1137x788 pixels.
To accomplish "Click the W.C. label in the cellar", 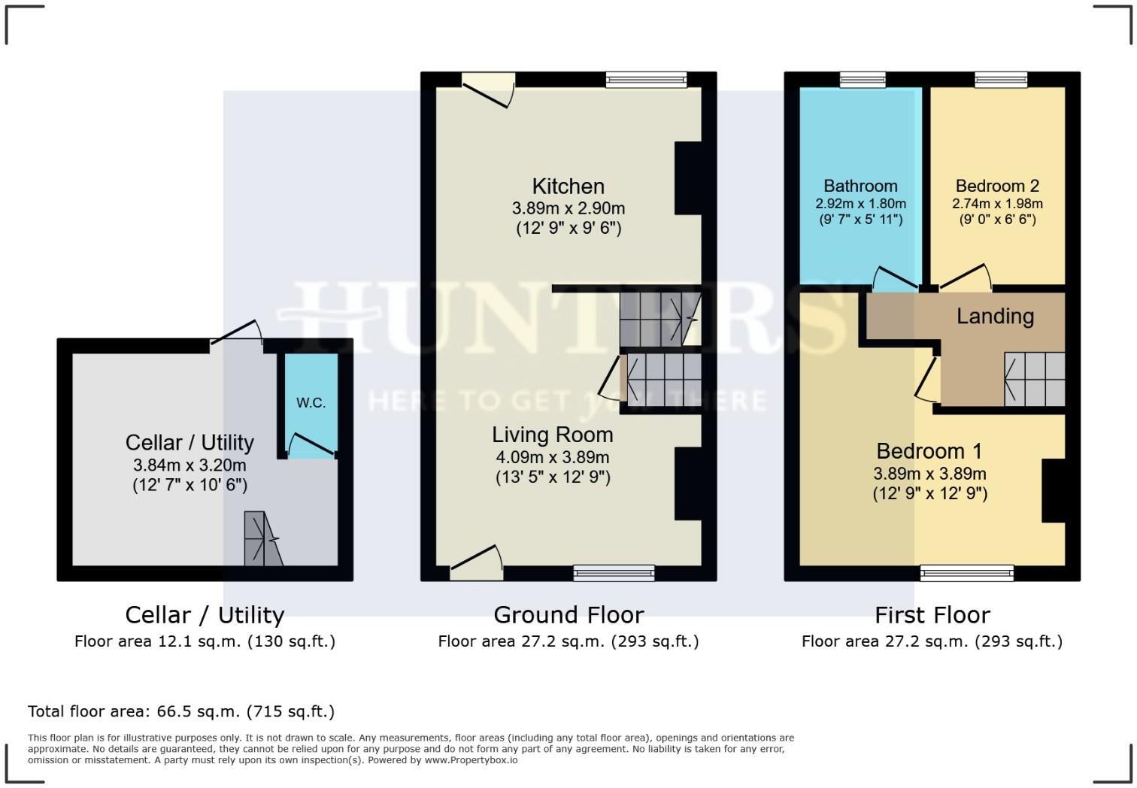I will coord(311,403).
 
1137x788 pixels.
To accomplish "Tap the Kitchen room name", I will coord(568,186).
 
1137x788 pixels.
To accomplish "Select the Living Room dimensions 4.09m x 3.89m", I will coord(553,457).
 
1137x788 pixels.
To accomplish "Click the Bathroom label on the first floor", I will coord(860,186).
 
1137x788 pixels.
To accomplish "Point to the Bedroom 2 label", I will coord(997,186).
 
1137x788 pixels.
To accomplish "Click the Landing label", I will coord(994,317).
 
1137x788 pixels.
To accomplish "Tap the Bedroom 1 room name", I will coord(929,451).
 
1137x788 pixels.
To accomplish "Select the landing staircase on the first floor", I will coord(1035,379).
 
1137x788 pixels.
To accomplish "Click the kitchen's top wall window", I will coord(646,79).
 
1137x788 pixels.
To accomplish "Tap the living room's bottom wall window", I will coord(614,573).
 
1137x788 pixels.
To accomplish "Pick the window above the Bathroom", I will coord(863,79).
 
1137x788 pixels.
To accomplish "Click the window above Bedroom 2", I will coord(1000,79).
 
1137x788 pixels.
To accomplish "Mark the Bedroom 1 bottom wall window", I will coord(966,574).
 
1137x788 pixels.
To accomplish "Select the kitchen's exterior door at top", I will coord(487,89).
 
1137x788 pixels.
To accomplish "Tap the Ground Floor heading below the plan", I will coord(568,615).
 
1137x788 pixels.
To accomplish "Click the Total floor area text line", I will coord(181,711).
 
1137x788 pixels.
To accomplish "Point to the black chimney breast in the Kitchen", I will coord(687,178).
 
